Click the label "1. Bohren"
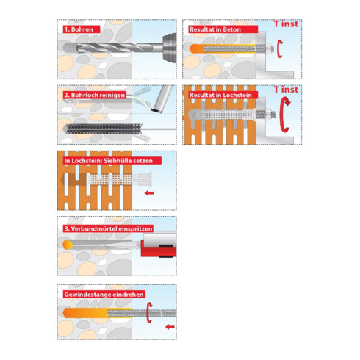(x=82, y=29)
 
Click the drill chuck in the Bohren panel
(x=170, y=48)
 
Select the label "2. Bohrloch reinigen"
(x=95, y=95)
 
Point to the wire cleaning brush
(x=103, y=129)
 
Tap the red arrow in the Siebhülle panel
(x=149, y=193)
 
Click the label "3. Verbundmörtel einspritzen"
(x=108, y=228)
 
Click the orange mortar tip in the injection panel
(x=66, y=245)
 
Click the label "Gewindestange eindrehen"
(x=104, y=295)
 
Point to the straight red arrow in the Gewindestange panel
(x=170, y=327)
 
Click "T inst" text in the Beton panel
(x=286, y=24)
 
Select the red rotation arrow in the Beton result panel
(x=278, y=48)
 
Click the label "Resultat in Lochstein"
(x=220, y=95)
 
